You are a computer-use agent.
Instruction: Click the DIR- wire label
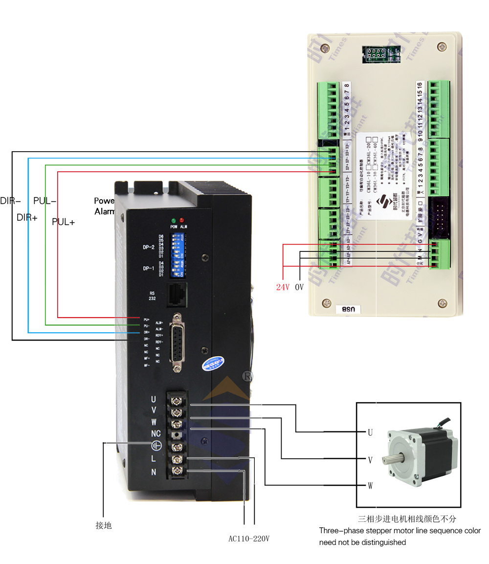10,201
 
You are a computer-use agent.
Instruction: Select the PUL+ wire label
63,222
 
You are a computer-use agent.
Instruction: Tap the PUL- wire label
44,201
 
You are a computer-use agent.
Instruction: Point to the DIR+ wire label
27,218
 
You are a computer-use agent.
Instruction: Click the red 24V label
283,287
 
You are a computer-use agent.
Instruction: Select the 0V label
299,287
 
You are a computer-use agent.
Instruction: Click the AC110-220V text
249,539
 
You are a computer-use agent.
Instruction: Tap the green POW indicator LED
173,221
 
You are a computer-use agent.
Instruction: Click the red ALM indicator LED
182,221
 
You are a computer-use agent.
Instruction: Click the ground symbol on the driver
156,445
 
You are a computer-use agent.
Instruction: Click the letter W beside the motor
370,486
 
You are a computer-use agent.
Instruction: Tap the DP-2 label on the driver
149,248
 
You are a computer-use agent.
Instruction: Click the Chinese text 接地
104,525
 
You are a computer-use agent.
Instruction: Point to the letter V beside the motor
370,460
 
